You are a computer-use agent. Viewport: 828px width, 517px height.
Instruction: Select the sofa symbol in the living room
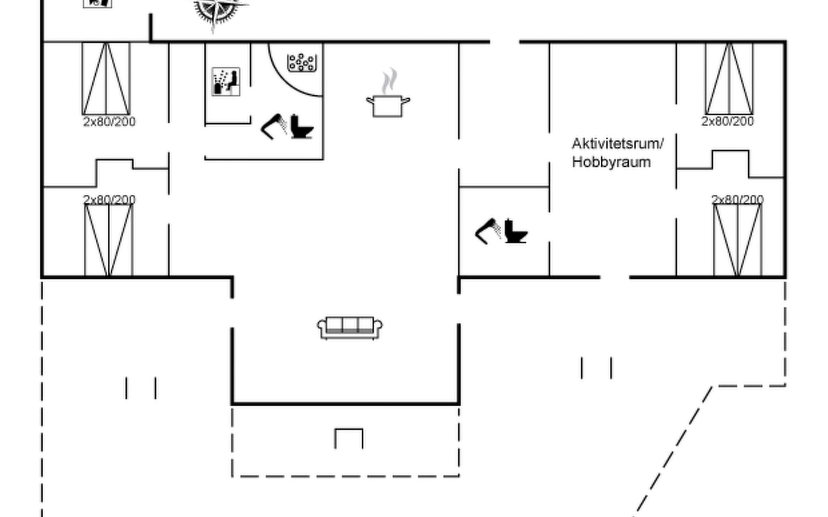350,328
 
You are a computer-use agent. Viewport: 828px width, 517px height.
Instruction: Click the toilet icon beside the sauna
301,127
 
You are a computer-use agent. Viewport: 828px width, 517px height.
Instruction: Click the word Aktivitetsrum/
618,144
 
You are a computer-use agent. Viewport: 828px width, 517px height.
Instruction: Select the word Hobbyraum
611,162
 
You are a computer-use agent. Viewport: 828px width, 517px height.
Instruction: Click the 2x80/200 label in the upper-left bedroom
109,122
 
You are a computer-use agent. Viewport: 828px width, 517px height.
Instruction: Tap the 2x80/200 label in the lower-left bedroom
109,200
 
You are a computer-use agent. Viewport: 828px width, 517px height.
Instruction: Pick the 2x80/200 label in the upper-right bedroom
728,121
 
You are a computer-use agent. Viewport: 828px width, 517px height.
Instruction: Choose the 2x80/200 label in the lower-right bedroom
737,200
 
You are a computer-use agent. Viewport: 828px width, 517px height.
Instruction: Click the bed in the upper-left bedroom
106,78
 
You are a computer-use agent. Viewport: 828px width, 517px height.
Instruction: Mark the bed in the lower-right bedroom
737,240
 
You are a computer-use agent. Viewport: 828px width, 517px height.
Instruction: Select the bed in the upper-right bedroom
729,78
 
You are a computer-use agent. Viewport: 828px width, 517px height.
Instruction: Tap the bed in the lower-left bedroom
109,240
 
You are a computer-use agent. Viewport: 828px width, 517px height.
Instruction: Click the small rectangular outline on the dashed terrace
349,439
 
